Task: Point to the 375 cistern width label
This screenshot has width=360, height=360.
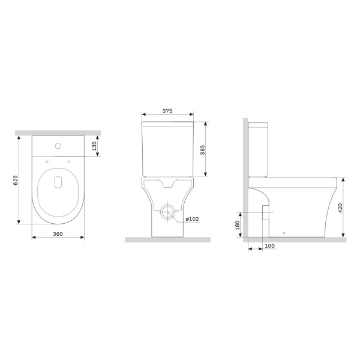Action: pyautogui.click(x=167, y=110)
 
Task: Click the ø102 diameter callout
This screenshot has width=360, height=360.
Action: pyautogui.click(x=193, y=218)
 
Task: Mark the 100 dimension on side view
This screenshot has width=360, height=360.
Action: pyautogui.click(x=269, y=246)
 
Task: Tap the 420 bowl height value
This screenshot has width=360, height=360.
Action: pyautogui.click(x=341, y=208)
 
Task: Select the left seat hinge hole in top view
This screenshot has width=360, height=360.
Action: pyautogui.click(x=47, y=160)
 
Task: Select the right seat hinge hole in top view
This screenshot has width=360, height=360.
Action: pyautogui.click(x=70, y=160)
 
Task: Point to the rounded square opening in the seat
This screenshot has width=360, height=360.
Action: pyautogui.click(x=59, y=182)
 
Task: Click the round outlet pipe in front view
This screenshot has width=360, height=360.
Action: pyautogui.click(x=168, y=211)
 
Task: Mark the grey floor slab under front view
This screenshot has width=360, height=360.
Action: pyautogui.click(x=167, y=240)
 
